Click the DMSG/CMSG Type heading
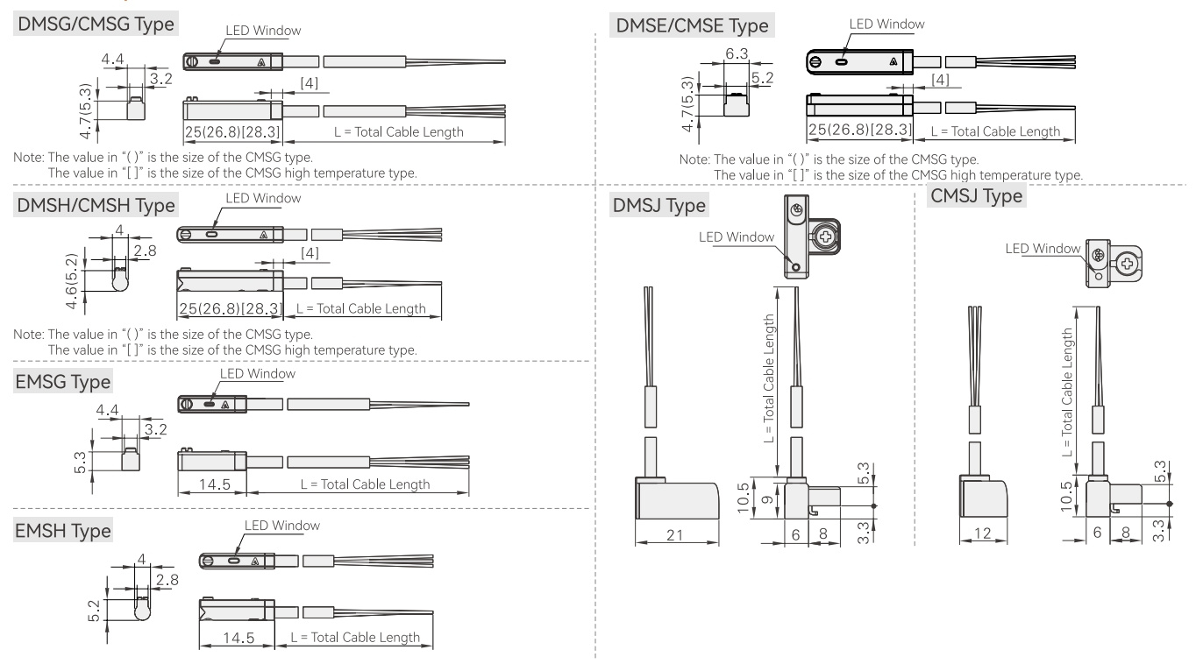(96, 24)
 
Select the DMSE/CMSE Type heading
(692, 25)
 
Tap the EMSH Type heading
(63, 531)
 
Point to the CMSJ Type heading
(976, 195)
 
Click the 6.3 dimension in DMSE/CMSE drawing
(737, 53)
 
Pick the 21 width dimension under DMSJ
(675, 535)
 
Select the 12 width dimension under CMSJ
(982, 533)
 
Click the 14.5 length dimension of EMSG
(215, 484)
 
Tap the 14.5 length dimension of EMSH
(238, 638)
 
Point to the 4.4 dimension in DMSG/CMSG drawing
(112, 59)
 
